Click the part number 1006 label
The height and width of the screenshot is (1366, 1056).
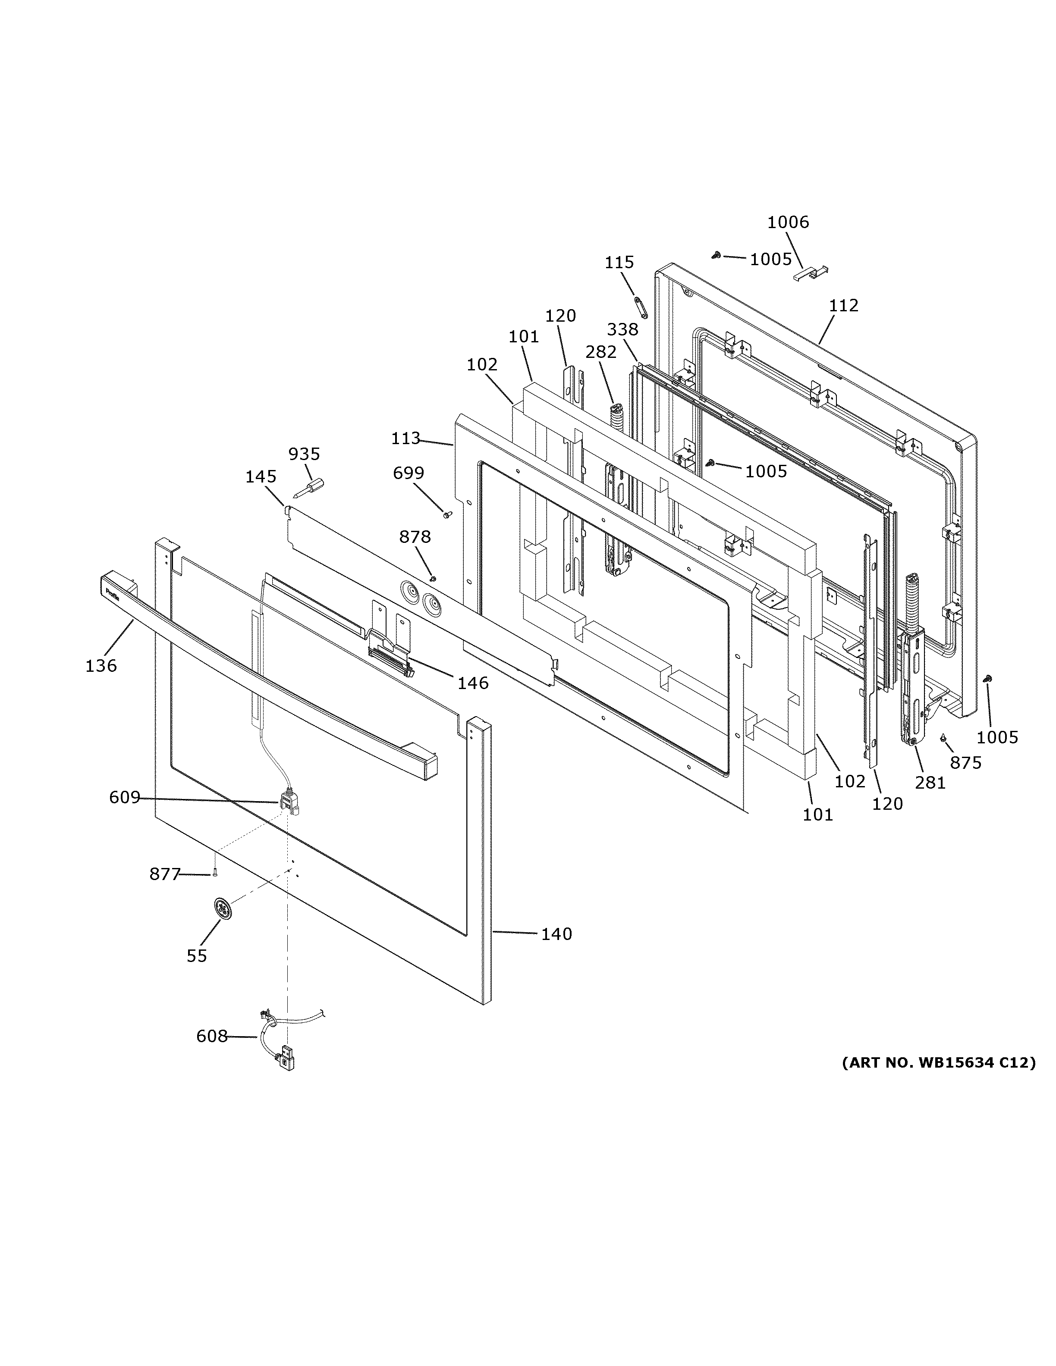click(788, 222)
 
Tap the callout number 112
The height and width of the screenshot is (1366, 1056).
click(843, 306)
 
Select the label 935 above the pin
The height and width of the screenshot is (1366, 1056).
click(304, 454)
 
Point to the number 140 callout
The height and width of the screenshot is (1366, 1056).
click(556, 952)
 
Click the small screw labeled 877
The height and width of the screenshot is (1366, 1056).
click(214, 874)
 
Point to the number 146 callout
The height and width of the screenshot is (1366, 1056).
click(472, 683)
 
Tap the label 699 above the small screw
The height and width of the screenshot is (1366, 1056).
click(408, 473)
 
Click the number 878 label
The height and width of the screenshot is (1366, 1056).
click(415, 537)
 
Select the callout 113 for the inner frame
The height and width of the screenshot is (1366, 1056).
click(405, 439)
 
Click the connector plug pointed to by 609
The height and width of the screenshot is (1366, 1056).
click(289, 802)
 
